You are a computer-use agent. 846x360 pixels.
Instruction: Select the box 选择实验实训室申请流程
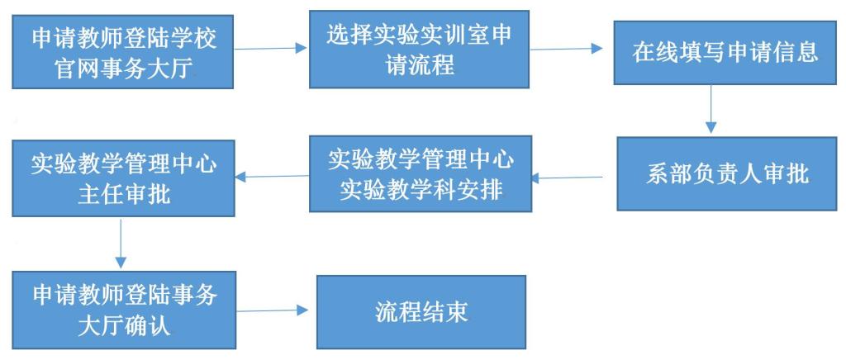[419, 50]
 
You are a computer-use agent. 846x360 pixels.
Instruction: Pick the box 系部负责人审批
[716, 174]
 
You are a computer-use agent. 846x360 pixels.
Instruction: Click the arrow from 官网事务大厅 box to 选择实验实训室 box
[272, 50]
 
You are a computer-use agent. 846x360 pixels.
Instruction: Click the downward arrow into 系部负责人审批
[710, 109]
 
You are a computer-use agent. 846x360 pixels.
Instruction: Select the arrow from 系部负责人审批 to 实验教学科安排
[571, 177]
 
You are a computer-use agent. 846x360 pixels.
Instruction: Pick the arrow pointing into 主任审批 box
[272, 175]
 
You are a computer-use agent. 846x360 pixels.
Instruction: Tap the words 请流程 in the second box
[418, 65]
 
